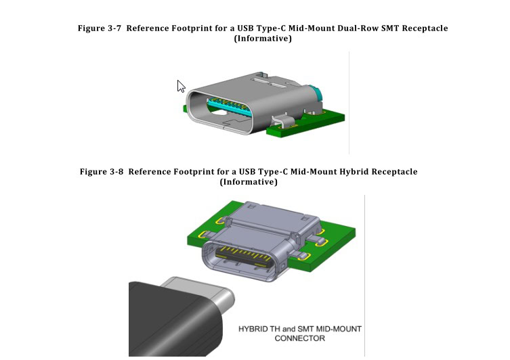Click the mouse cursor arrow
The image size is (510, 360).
click(181, 86)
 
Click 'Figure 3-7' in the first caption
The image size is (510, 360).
click(100, 28)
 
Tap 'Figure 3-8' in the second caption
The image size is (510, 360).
click(102, 172)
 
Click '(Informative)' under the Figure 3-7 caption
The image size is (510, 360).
click(263, 39)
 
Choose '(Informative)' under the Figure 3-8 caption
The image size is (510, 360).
click(249, 182)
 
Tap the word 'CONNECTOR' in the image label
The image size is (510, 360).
click(300, 338)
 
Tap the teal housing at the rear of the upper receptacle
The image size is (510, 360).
click(313, 95)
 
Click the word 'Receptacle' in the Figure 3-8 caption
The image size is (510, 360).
click(393, 172)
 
